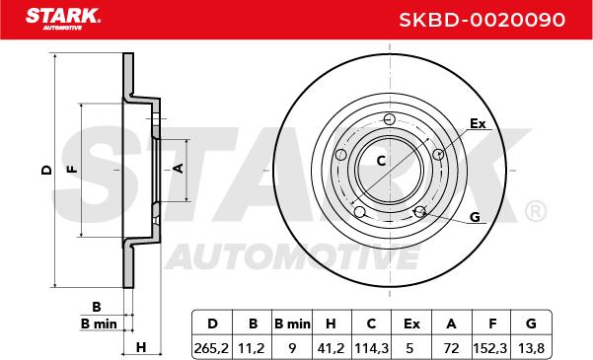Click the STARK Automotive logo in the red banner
63,19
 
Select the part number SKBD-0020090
482,20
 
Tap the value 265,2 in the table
211,348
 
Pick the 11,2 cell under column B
252,348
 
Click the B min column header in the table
292,324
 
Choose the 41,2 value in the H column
332,348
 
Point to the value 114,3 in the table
371,348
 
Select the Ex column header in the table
411,324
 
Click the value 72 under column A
452,348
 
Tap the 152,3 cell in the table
491,348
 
